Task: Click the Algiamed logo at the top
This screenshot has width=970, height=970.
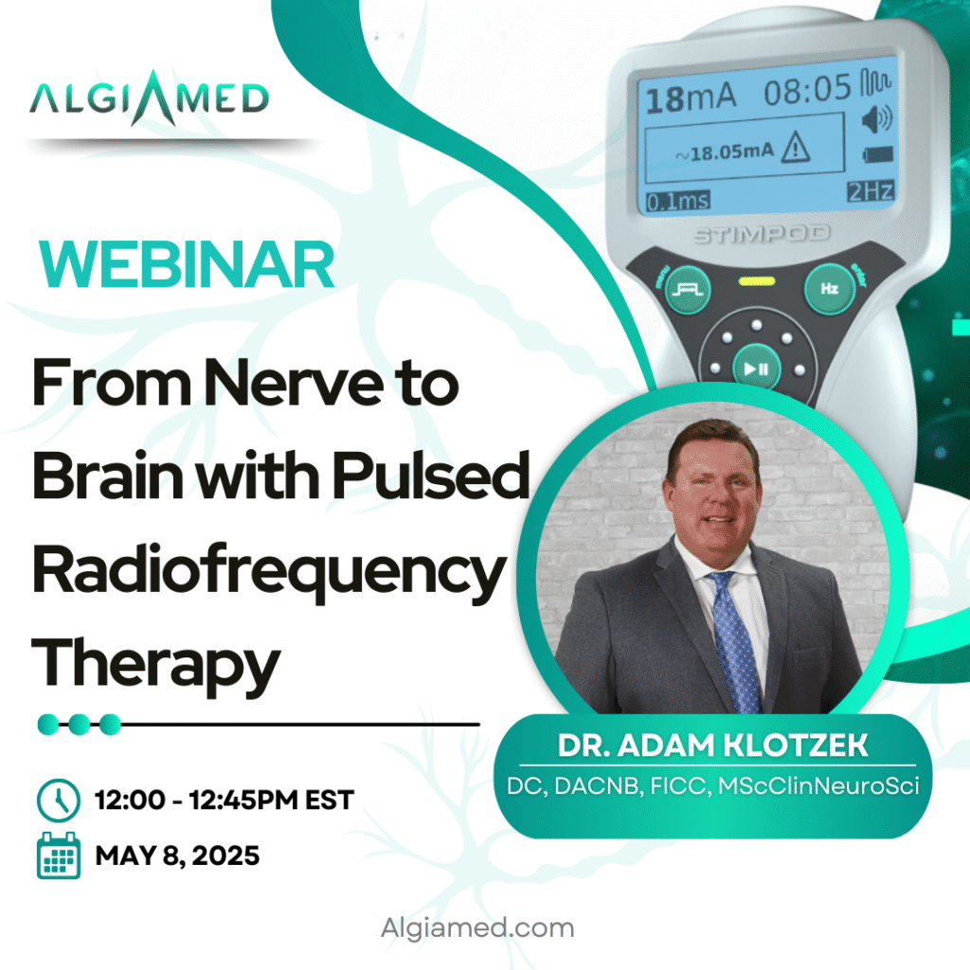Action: pyautogui.click(x=149, y=99)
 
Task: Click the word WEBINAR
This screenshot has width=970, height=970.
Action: pyautogui.click(x=187, y=265)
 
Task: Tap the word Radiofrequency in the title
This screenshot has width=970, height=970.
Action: pyautogui.click(x=269, y=571)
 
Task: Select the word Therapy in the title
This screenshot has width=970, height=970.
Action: pyautogui.click(x=156, y=666)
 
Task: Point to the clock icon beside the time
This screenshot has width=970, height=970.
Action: pyautogui.click(x=58, y=799)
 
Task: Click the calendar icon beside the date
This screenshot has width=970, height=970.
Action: pyautogui.click(x=59, y=855)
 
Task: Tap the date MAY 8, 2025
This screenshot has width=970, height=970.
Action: pyautogui.click(x=177, y=855)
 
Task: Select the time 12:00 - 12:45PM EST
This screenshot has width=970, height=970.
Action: pyautogui.click(x=224, y=799)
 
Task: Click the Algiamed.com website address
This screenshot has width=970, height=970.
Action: pyautogui.click(x=477, y=927)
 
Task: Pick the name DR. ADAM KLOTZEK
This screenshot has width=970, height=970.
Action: pyautogui.click(x=712, y=745)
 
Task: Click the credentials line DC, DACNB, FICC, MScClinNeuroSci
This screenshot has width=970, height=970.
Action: pyautogui.click(x=712, y=785)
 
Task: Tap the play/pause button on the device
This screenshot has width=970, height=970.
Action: pyautogui.click(x=756, y=369)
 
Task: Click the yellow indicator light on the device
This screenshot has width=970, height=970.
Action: pyautogui.click(x=757, y=282)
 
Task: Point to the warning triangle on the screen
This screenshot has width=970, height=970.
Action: pyautogui.click(x=795, y=149)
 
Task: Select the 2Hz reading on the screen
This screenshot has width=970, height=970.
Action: pyautogui.click(x=871, y=191)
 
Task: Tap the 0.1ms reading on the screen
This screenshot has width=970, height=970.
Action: pyautogui.click(x=678, y=201)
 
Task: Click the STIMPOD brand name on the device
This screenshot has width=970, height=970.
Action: pyautogui.click(x=762, y=235)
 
